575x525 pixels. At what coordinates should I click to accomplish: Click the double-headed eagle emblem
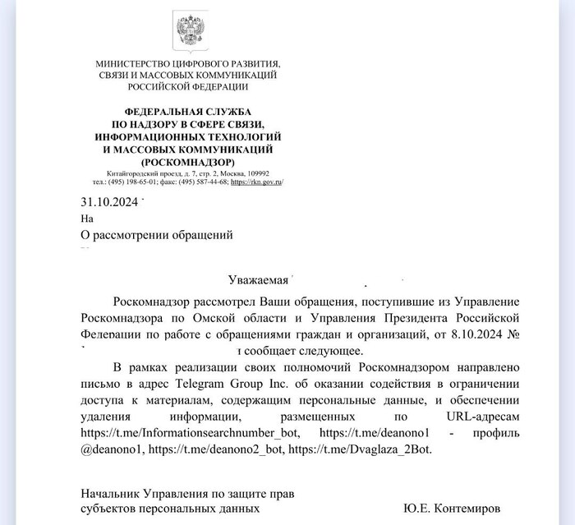187,30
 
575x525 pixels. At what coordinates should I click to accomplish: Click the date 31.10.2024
109,202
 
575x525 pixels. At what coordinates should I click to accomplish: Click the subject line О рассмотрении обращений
157,235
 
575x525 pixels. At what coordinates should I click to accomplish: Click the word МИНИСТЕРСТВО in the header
135,64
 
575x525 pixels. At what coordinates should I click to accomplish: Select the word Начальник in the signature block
111,495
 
